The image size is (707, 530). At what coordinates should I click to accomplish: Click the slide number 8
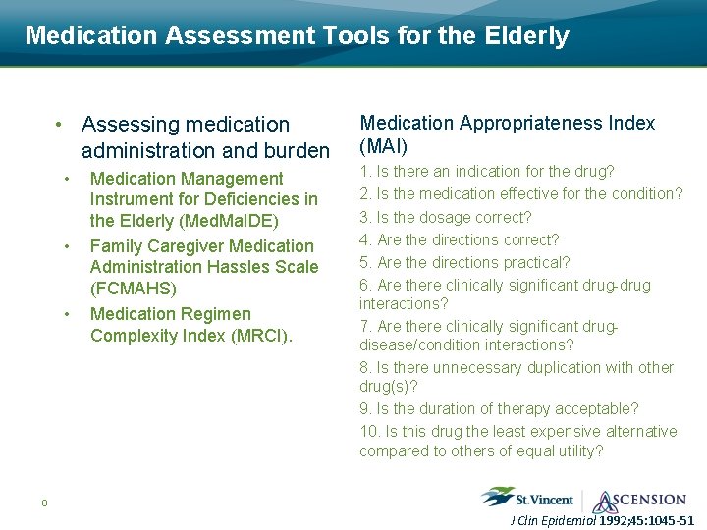(44, 503)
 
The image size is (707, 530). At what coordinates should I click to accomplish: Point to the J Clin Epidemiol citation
(603, 520)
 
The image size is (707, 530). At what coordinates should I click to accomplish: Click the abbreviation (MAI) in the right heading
(384, 146)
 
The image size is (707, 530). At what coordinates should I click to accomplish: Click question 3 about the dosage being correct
(446, 217)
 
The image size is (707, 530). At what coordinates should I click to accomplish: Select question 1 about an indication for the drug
(487, 172)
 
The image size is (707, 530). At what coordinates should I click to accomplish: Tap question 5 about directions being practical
(464, 262)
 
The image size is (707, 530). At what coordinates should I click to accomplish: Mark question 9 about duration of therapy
(499, 408)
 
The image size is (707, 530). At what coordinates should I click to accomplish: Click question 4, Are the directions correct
(460, 239)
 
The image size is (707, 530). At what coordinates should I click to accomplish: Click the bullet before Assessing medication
(60, 125)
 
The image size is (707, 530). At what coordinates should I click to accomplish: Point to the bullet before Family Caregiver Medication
(66, 245)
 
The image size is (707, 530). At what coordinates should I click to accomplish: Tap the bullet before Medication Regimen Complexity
(66, 314)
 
